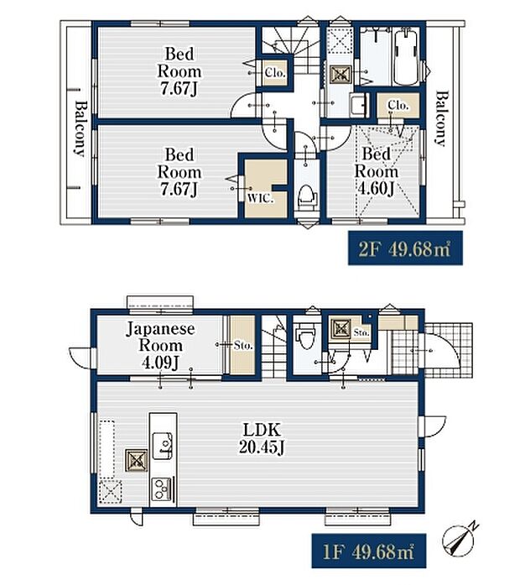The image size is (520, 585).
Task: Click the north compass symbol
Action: [460, 538]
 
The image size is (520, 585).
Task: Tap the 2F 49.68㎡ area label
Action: [405, 248]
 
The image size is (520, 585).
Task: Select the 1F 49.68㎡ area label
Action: [369, 551]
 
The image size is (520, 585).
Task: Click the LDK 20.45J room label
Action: [262, 439]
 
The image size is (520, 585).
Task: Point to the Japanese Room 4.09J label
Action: [161, 346]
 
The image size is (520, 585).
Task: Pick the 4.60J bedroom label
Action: [376, 171]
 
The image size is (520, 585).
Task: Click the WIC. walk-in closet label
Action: [261, 199]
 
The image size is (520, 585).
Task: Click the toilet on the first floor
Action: [305, 335]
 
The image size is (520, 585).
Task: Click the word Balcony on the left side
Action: [80, 128]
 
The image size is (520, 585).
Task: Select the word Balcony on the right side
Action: [440, 118]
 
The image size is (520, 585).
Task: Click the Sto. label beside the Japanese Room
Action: [243, 346]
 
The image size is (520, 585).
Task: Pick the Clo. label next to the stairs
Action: [275, 72]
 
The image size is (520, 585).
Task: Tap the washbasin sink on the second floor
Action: [360, 105]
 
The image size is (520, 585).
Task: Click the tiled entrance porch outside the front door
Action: [449, 350]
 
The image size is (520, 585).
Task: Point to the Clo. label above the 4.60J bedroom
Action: [398, 106]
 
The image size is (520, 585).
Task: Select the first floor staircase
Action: [274, 347]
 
